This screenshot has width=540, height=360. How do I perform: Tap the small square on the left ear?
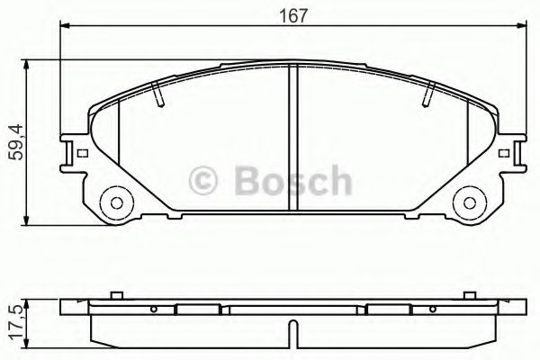[82, 154]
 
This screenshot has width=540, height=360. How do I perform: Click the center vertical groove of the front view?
[292, 139]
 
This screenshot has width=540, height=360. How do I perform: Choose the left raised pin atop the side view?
[115, 294]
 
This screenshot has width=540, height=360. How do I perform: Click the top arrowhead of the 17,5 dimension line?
[32, 301]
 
